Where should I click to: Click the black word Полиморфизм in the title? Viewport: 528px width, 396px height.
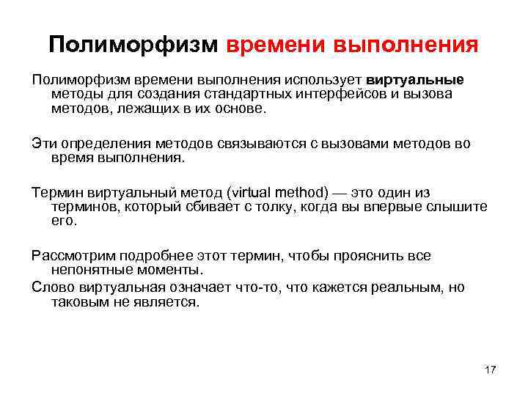(x=133, y=46)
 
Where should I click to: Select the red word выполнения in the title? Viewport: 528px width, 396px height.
(x=406, y=46)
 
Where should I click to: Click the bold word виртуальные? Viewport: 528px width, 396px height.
(x=415, y=80)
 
